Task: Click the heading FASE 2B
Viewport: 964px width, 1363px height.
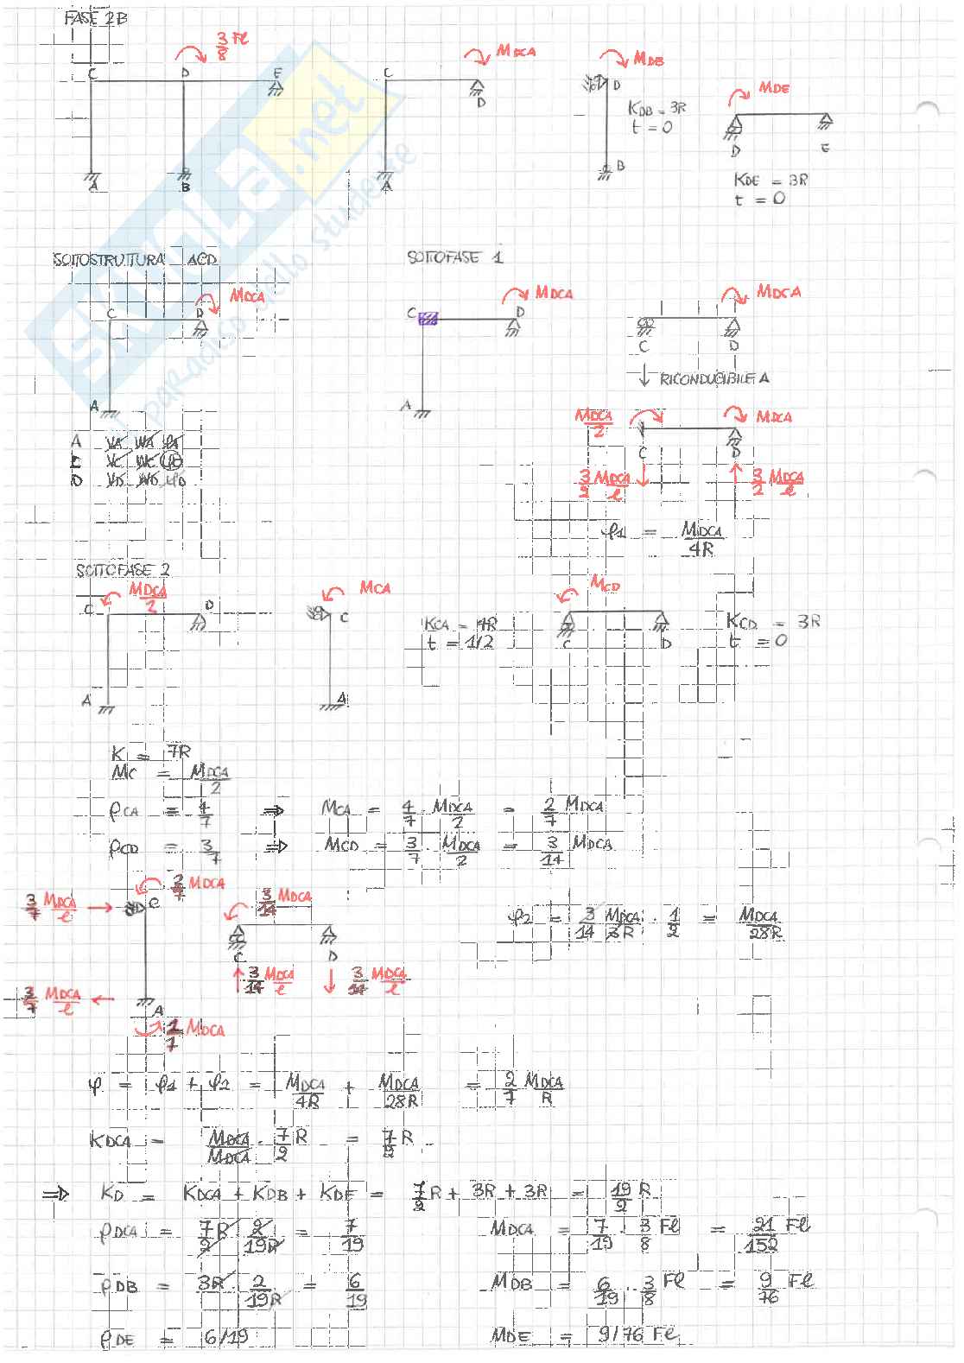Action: tap(96, 17)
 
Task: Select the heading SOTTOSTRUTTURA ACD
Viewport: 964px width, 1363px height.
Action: tap(135, 260)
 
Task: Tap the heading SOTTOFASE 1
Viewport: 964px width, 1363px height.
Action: tap(455, 257)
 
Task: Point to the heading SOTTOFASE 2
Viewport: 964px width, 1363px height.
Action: tap(123, 571)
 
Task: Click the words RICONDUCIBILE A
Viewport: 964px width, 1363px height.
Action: tap(713, 378)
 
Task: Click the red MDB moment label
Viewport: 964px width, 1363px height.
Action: tap(653, 58)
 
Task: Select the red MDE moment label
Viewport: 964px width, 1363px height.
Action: tap(773, 88)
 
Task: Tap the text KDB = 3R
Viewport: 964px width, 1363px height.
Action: tap(657, 110)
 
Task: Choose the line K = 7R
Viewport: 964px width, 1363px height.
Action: tap(151, 753)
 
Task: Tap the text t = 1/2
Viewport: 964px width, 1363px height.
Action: tap(459, 643)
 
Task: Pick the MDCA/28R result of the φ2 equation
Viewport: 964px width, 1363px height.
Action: tap(761, 924)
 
